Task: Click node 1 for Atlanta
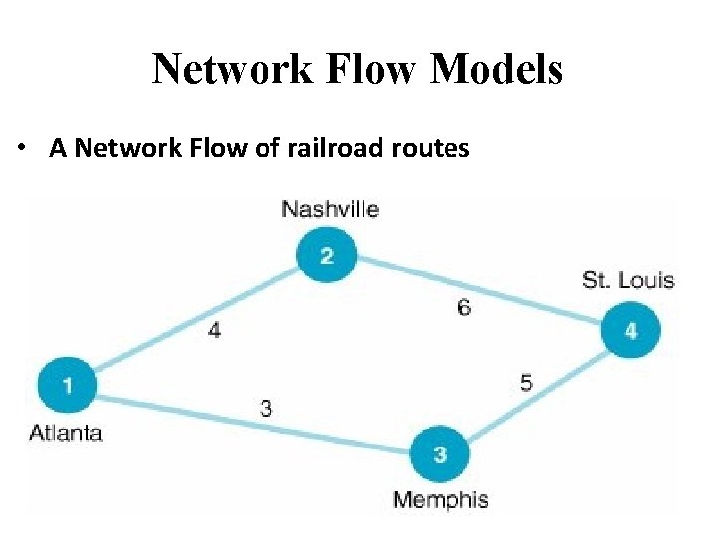(x=68, y=383)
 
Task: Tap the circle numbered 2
(x=326, y=256)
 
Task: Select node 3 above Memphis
(x=439, y=454)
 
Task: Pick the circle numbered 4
(x=630, y=330)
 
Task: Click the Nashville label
(x=330, y=209)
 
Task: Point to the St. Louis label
(x=627, y=280)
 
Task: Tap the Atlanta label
(x=66, y=432)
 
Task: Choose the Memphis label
(x=441, y=499)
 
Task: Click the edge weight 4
(x=214, y=330)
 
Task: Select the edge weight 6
(x=464, y=307)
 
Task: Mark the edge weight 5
(x=526, y=382)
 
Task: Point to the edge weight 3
(x=267, y=407)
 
